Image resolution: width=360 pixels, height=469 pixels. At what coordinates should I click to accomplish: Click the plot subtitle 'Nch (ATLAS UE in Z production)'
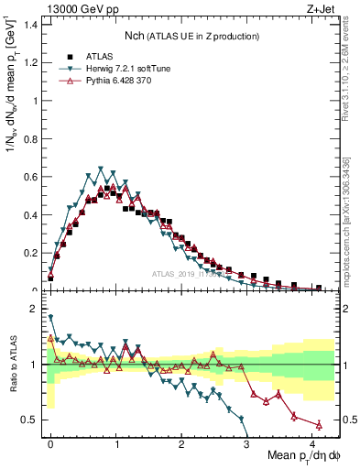(x=191, y=36)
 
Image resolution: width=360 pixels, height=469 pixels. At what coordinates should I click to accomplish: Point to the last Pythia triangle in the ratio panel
(x=319, y=424)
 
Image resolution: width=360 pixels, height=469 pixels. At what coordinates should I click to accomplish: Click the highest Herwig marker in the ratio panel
(x=50, y=317)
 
